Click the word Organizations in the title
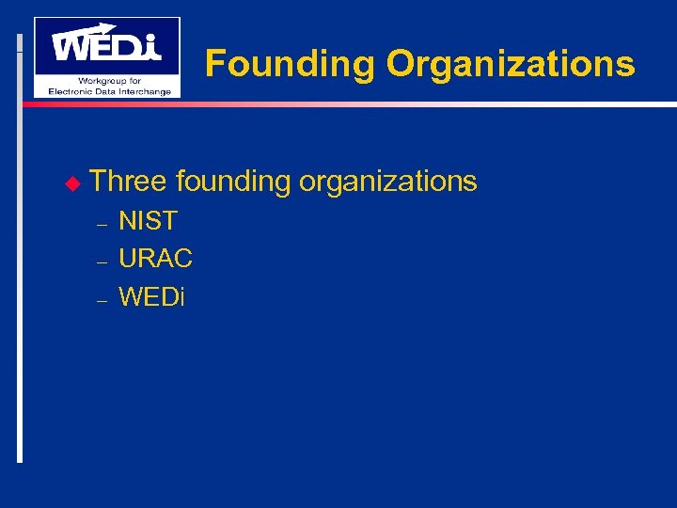[x=511, y=64]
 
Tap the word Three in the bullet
[x=128, y=181]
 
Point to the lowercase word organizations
[x=387, y=181]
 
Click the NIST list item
[x=148, y=221]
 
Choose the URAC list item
[x=155, y=258]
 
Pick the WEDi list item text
[x=152, y=297]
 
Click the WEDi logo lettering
[x=105, y=46]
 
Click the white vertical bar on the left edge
[x=20, y=282]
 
